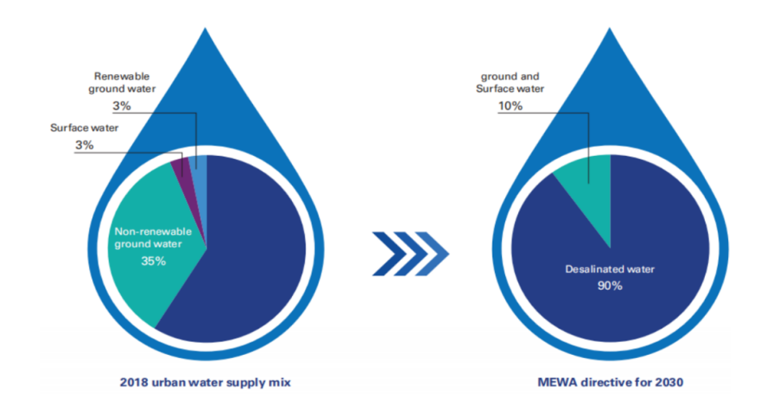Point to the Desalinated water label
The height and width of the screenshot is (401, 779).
(610, 269)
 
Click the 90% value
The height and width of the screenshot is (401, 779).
(610, 286)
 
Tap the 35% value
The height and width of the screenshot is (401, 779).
(153, 261)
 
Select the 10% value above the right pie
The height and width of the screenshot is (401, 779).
(510, 106)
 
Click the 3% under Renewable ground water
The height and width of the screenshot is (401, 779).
(122, 106)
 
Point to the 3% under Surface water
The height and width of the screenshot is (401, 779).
(84, 145)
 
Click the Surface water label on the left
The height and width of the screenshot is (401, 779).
(84, 128)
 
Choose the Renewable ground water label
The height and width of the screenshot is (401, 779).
(122, 83)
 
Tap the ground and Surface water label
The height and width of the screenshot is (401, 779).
(510, 83)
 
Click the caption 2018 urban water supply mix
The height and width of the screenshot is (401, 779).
(205, 382)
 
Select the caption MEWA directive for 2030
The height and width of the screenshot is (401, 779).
(610, 382)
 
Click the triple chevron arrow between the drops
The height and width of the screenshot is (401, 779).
(411, 254)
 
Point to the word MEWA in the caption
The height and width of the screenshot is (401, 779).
(555, 382)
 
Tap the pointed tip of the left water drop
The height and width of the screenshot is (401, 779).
(205, 29)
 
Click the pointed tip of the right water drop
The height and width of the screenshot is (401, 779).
(610, 29)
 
